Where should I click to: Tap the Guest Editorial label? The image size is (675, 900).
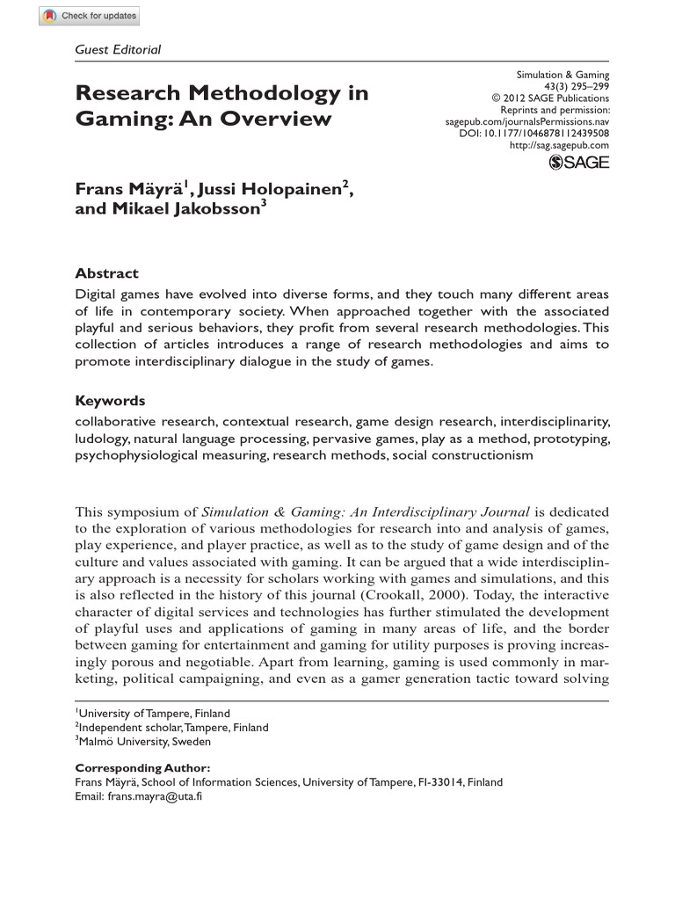pyautogui.click(x=119, y=50)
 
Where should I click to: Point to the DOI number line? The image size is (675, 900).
pyautogui.click(x=533, y=134)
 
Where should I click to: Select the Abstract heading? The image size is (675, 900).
pyautogui.click(x=106, y=273)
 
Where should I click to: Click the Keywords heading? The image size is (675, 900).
pyautogui.click(x=110, y=400)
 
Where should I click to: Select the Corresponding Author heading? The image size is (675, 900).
pyautogui.click(x=142, y=767)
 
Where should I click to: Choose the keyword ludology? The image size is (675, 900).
pyautogui.click(x=103, y=437)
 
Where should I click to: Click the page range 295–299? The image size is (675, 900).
pyautogui.click(x=590, y=88)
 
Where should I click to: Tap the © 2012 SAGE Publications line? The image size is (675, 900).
pyautogui.click(x=549, y=99)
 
